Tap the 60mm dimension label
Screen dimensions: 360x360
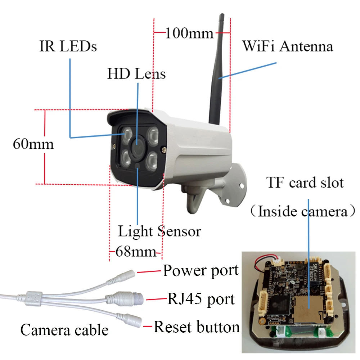(x=33, y=144)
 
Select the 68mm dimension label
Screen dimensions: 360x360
(x=135, y=251)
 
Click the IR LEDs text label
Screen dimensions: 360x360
(x=68, y=46)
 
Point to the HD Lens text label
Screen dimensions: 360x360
(x=136, y=74)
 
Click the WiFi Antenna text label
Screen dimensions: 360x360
(x=287, y=46)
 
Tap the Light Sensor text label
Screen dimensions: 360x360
(x=159, y=231)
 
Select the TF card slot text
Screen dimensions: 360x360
(x=305, y=183)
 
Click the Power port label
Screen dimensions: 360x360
(x=201, y=271)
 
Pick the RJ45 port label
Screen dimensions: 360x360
(x=201, y=299)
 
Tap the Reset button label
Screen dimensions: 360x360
(x=197, y=327)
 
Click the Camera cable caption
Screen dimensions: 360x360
(x=64, y=330)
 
